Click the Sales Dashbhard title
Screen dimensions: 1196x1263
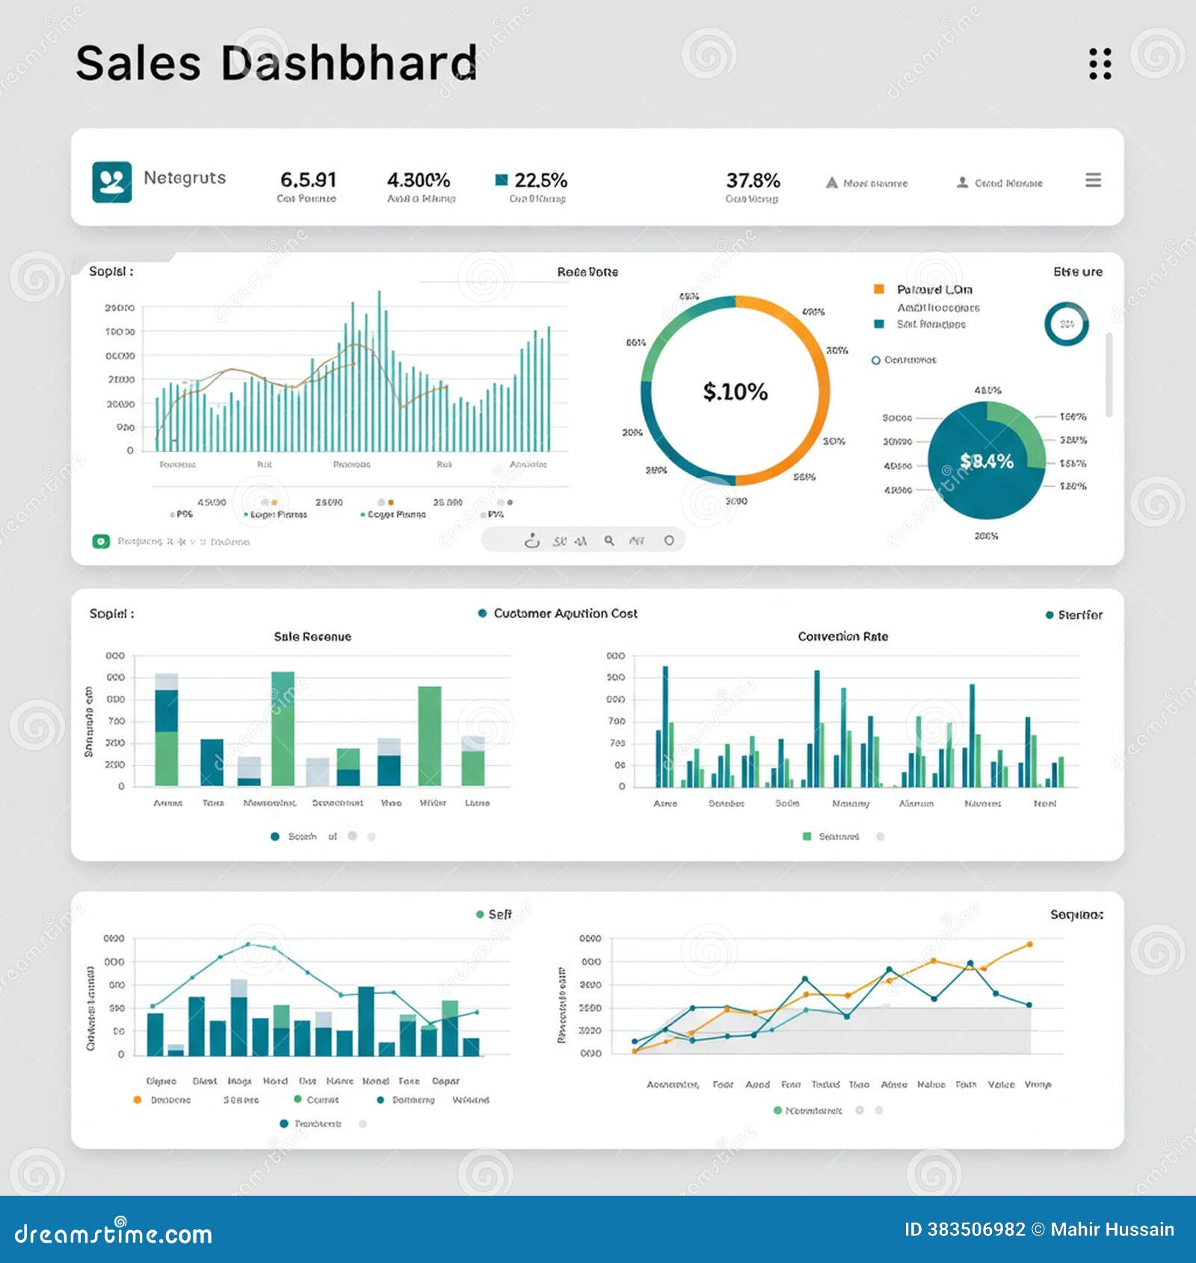(276, 63)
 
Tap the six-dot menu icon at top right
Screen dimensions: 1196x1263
(1100, 64)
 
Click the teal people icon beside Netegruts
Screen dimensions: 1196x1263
(112, 182)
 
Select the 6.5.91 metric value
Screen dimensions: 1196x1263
(308, 180)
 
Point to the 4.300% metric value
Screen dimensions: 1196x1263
(418, 180)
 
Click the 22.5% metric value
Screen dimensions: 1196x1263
(540, 180)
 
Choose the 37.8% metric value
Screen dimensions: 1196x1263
(753, 180)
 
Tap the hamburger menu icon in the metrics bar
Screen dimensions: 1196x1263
(1093, 180)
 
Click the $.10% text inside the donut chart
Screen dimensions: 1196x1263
(735, 392)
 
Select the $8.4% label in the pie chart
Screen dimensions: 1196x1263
(986, 461)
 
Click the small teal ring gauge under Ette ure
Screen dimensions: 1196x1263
(1066, 324)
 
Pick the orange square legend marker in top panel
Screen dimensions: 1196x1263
(879, 289)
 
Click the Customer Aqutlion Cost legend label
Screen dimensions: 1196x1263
(565, 614)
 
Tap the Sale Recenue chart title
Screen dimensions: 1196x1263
(312, 637)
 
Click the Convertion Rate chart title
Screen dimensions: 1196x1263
(842, 637)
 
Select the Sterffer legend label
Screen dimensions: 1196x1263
(1079, 615)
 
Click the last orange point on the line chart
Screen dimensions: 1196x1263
(1029, 945)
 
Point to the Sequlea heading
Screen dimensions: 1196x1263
(1076, 915)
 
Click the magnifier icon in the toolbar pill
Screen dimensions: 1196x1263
(609, 540)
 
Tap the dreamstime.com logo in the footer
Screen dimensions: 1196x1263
(113, 1233)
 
